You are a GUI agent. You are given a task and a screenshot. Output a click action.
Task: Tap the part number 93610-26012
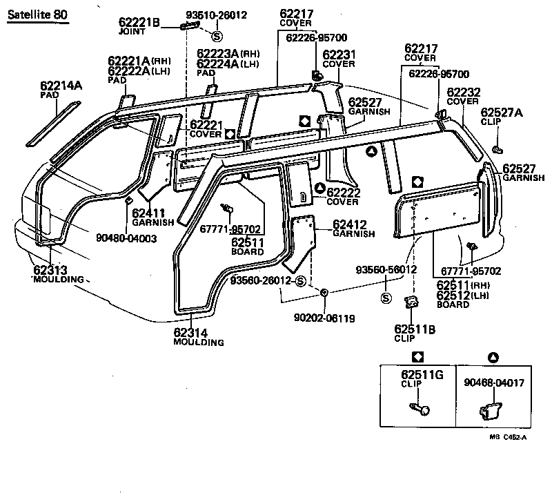[x=217, y=14]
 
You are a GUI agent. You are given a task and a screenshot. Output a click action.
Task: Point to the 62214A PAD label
[x=61, y=90]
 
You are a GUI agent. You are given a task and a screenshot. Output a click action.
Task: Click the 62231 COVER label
[x=339, y=59]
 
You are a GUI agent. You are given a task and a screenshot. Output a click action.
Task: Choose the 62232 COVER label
[x=462, y=96]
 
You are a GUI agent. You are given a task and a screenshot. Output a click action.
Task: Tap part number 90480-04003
[x=126, y=238]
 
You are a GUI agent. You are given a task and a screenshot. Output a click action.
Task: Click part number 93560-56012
[x=386, y=269]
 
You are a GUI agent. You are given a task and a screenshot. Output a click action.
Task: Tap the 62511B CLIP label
[x=415, y=333]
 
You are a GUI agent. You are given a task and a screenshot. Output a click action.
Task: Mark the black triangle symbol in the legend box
[x=493, y=356]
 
